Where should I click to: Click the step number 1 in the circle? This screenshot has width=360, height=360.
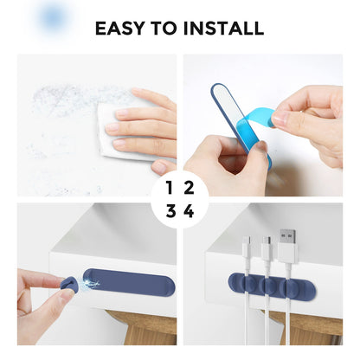(170, 186)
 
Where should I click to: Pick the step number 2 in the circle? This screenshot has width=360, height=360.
(190, 186)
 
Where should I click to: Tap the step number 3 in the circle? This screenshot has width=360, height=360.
(170, 211)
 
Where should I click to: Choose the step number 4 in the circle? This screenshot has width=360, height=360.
(190, 211)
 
